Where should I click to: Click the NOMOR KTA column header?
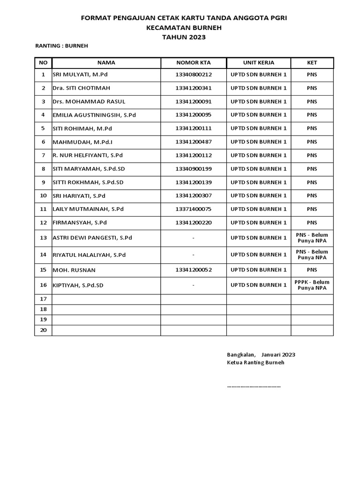(x=194, y=62)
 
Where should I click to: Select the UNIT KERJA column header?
(x=258, y=62)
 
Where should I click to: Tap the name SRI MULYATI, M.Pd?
(x=79, y=75)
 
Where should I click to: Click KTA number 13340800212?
(x=194, y=75)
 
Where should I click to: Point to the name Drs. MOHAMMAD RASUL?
(x=89, y=102)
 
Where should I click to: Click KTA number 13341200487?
(x=194, y=142)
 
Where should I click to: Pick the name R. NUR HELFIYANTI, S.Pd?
(x=88, y=155)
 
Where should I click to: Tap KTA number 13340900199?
(x=194, y=169)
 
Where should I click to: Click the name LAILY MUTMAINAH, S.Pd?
(x=88, y=209)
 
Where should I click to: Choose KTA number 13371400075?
(x=194, y=209)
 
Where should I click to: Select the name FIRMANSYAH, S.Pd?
(x=80, y=223)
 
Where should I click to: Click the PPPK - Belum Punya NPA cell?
(x=312, y=285)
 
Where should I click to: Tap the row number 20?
(x=43, y=330)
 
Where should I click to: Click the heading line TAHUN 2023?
(x=184, y=37)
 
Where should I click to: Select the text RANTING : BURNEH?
(x=62, y=46)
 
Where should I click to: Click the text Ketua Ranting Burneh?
(x=255, y=363)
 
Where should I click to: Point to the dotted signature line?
(x=254, y=387)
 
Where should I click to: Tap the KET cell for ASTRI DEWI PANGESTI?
(x=312, y=238)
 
